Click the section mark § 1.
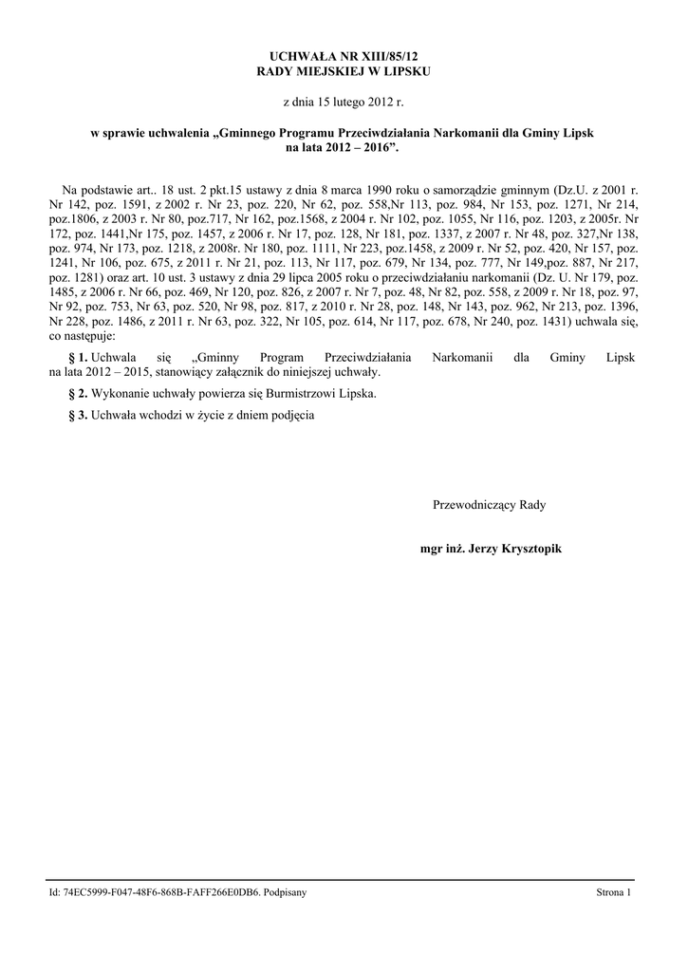click(x=77, y=357)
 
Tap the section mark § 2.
click(x=77, y=393)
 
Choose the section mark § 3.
click(x=77, y=415)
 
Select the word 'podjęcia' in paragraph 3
click(x=291, y=415)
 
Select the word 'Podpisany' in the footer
click(x=287, y=893)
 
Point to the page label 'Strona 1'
click(x=613, y=893)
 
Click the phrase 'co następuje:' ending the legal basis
click(x=82, y=335)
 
